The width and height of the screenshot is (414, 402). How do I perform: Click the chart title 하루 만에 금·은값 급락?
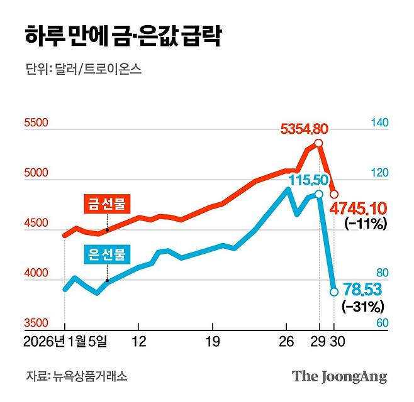pos(123,37)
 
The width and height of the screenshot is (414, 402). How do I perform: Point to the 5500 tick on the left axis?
pos(36,124)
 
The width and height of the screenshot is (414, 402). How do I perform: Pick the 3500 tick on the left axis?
pos(36,324)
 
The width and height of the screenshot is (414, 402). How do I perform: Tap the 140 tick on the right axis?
pos(379,124)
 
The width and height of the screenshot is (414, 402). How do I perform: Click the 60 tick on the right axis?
pos(379,324)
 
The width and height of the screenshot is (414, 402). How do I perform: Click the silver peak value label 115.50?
pos(308,180)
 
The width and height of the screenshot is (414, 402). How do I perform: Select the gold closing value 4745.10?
pos(362,208)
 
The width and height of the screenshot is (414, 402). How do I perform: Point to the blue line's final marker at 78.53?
pos(334,291)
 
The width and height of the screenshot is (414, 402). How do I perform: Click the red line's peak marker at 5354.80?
pos(319,144)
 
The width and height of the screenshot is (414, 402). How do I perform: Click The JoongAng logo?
pos(339,377)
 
